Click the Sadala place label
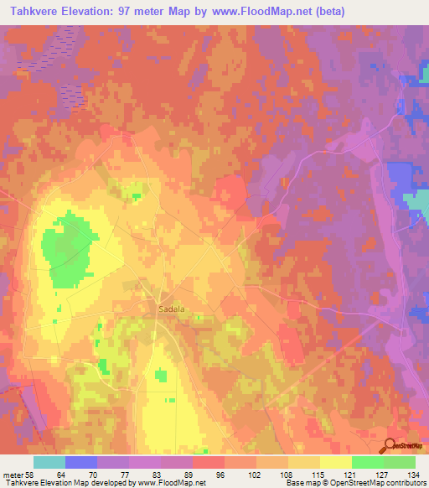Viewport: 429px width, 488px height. coord(171,309)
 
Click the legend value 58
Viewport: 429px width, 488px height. coord(34,474)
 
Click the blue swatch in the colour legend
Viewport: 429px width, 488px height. coord(81,462)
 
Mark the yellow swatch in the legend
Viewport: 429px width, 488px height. coord(336,462)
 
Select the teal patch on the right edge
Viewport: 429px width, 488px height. coord(416,201)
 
